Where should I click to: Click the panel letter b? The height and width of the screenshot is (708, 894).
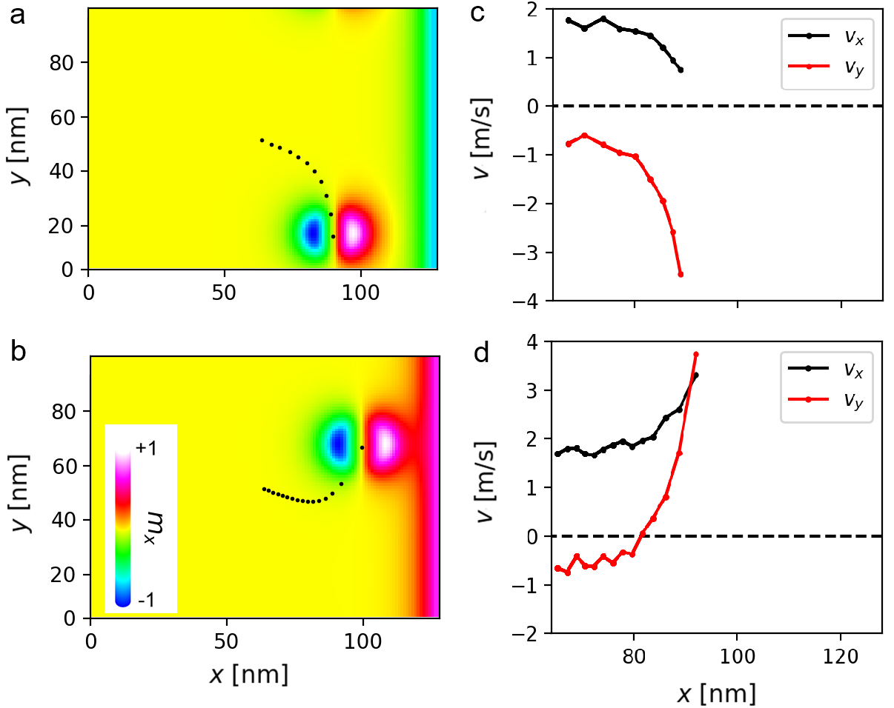(16, 353)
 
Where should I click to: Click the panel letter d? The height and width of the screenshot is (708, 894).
(481, 353)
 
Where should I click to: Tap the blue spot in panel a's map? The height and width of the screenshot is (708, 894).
(312, 233)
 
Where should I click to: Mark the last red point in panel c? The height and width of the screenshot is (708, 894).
(681, 275)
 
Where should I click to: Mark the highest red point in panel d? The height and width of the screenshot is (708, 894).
(696, 355)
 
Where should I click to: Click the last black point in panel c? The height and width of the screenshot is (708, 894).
(681, 70)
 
